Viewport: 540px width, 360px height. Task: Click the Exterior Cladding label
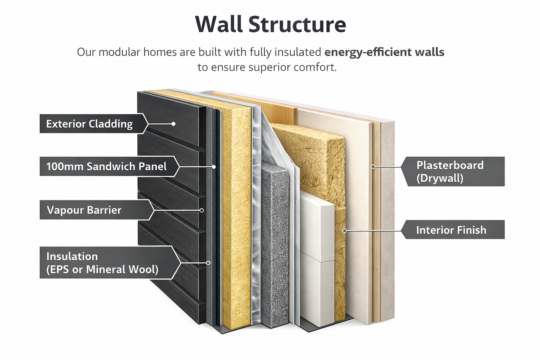tap(89, 124)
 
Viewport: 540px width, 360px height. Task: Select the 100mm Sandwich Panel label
tap(106, 166)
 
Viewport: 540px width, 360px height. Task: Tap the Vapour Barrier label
tap(84, 210)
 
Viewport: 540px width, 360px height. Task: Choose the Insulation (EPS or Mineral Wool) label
tap(102, 263)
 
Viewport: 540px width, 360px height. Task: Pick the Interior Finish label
tap(451, 230)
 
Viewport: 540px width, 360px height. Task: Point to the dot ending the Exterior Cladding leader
tap(173, 124)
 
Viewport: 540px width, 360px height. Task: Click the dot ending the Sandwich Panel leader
tap(214, 167)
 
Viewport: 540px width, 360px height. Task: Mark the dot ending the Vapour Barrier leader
tap(202, 210)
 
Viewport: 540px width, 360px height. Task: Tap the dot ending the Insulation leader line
tap(208, 263)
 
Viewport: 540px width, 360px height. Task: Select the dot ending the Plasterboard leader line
tap(373, 167)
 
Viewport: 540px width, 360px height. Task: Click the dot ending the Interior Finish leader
tap(345, 231)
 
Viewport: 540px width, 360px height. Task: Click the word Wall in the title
tap(219, 24)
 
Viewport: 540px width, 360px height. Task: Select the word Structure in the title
tap(297, 24)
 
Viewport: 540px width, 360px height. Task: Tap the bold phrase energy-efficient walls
tap(384, 52)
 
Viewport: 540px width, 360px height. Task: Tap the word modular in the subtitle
tap(119, 52)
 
